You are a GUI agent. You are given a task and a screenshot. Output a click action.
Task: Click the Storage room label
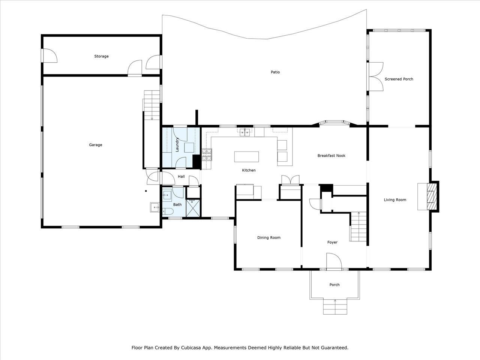(101, 56)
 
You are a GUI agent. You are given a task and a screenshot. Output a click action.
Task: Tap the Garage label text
(96, 145)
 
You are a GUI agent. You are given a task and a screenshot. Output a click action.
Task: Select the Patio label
(275, 72)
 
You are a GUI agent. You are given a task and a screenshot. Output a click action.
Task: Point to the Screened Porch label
(399, 79)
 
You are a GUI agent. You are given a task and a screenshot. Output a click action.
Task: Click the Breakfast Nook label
(331, 156)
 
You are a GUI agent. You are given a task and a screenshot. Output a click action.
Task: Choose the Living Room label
(395, 200)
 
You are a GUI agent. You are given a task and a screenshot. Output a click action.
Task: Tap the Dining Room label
(269, 238)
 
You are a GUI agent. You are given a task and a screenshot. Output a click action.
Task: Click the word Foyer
(332, 242)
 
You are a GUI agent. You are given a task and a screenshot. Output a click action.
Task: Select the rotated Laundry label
(177, 144)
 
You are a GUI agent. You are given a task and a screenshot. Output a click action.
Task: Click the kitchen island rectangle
(246, 157)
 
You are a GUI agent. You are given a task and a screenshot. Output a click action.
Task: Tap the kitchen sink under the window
(245, 132)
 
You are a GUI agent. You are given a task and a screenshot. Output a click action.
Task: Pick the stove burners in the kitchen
(207, 154)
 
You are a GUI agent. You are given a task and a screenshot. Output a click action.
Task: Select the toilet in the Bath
(168, 211)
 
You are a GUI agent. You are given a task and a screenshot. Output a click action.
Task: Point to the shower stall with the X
(193, 208)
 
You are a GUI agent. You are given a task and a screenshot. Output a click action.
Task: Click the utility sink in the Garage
(155, 207)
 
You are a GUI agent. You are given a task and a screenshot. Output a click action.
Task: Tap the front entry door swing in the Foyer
(334, 261)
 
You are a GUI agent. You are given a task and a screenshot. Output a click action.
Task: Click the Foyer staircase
(358, 226)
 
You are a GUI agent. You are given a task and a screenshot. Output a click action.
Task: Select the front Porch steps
(335, 306)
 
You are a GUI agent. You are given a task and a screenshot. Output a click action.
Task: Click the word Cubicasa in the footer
(190, 348)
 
